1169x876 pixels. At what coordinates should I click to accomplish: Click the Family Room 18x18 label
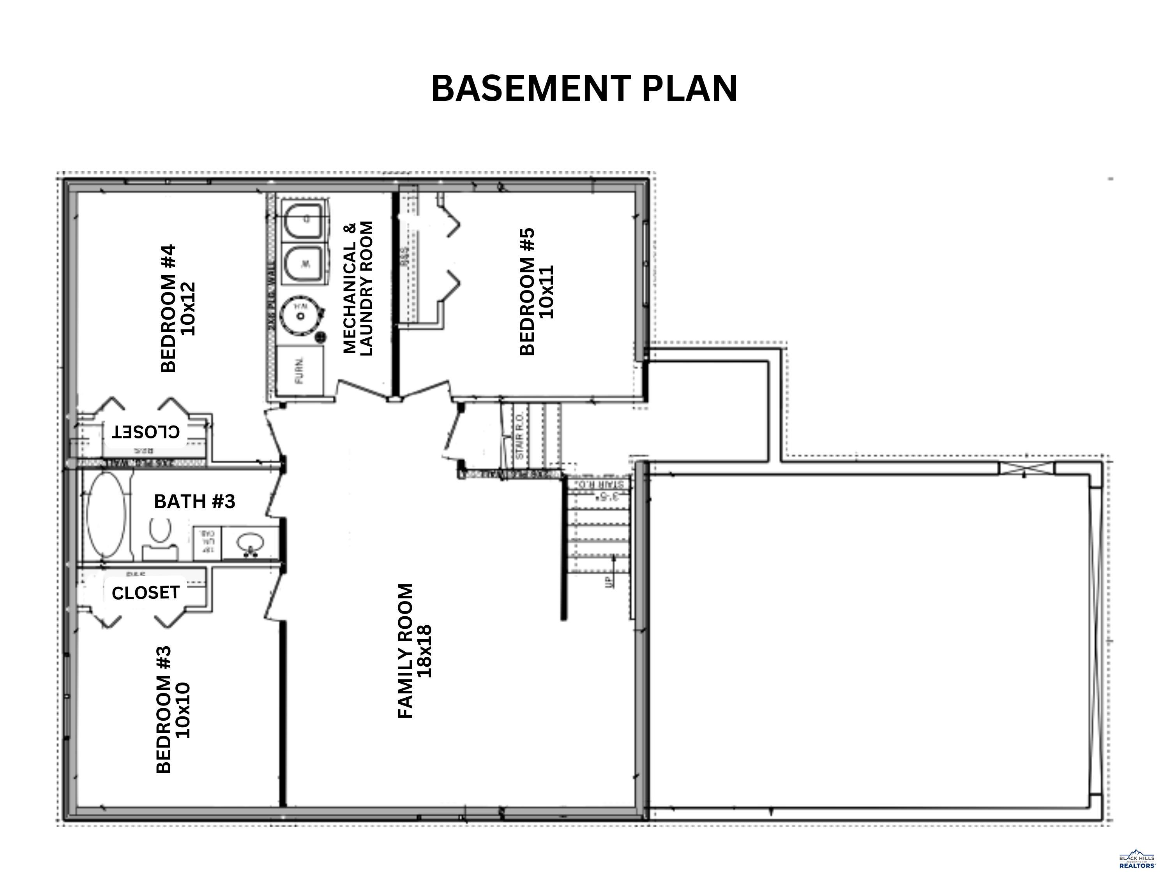pos(415,651)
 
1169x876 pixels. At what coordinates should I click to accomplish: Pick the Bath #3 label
pos(194,501)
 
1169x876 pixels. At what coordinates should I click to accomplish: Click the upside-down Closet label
pos(145,432)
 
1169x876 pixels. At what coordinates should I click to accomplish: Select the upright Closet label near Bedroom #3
pos(145,593)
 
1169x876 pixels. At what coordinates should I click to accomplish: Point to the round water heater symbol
pos(301,315)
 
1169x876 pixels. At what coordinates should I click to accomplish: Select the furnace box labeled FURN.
pos(300,371)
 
